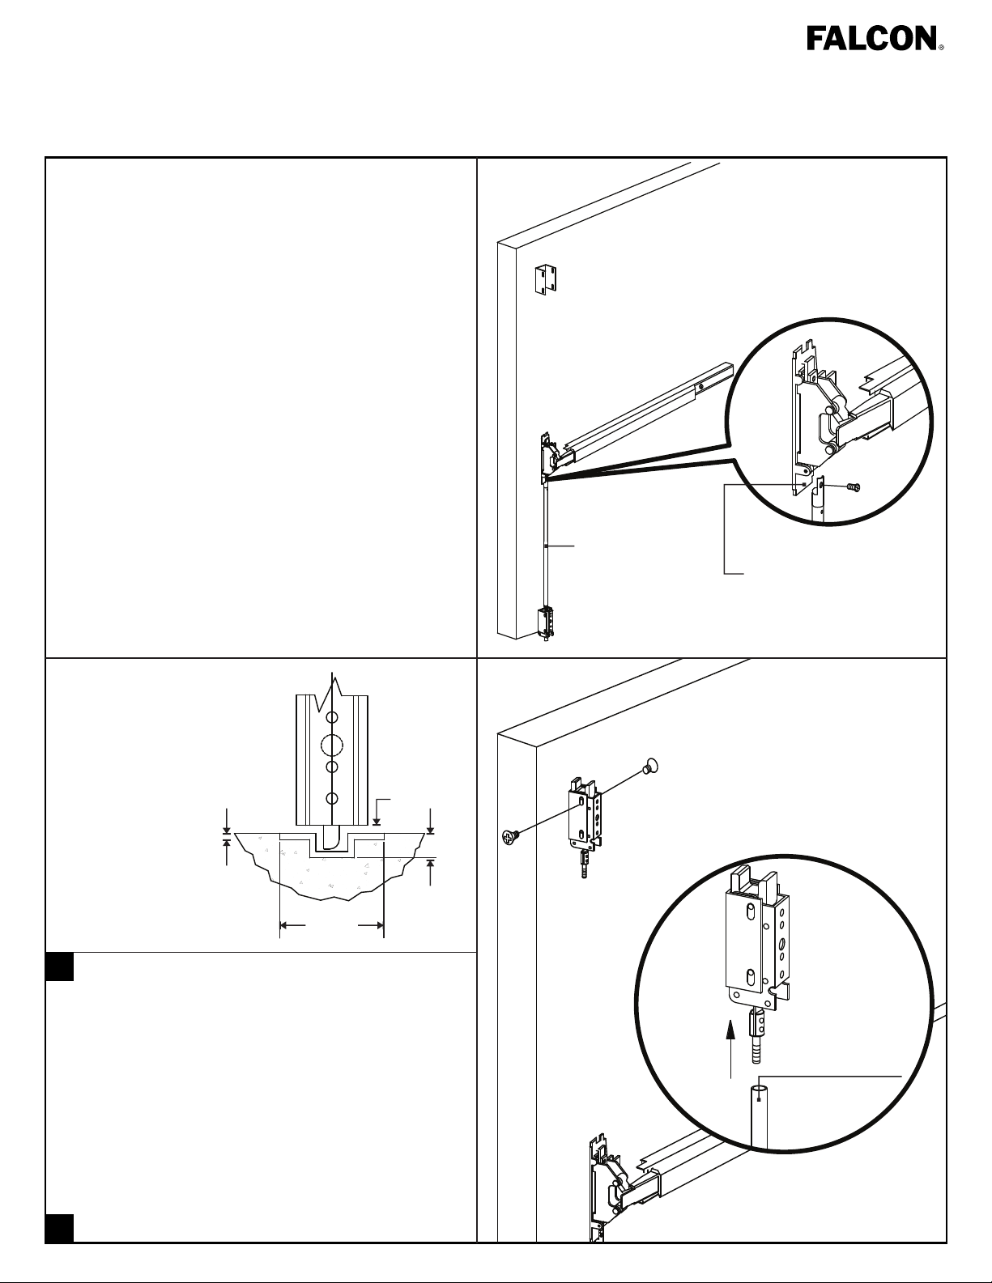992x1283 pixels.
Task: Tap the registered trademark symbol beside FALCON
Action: pos(941,47)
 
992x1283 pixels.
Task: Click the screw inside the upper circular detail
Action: pos(852,487)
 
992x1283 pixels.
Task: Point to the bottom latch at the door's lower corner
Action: pos(545,623)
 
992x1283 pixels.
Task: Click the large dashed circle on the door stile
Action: pos(332,746)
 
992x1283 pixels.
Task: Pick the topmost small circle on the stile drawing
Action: pos(332,717)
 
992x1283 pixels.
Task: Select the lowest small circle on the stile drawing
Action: pos(332,799)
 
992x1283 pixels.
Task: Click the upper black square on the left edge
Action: pos(60,966)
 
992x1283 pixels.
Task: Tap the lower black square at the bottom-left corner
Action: pos(60,1228)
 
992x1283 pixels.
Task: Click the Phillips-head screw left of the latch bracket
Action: pos(509,836)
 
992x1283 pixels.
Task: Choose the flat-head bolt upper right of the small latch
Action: pos(650,766)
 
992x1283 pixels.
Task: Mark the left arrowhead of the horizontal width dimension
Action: pos(284,925)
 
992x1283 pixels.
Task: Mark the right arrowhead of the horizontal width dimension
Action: pos(379,925)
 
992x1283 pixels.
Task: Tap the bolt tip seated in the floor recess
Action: pos(332,839)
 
